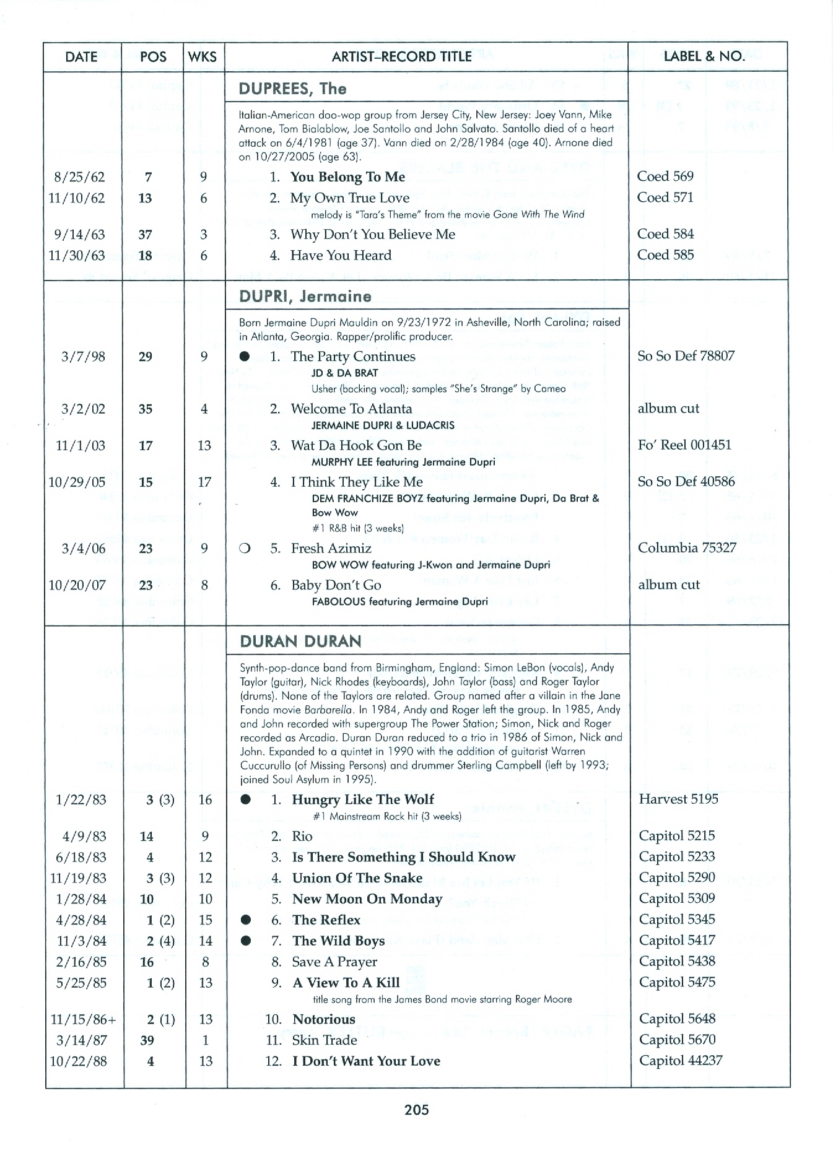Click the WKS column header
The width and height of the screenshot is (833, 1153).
pos(203,57)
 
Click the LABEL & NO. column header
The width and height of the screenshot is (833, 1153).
pos(704,56)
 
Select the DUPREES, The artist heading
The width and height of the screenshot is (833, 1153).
pos(293,89)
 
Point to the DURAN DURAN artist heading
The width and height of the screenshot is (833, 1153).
pos(300,641)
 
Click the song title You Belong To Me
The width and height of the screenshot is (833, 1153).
pos(347,177)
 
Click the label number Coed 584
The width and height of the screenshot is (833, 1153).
pos(665,234)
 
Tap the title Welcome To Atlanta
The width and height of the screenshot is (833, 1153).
pos(351,409)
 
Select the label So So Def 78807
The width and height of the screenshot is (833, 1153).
pos(686,356)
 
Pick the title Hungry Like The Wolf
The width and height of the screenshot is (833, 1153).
pos(363,799)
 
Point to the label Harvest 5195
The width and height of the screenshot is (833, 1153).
pos(678,799)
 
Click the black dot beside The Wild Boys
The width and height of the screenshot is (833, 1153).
pos(246,941)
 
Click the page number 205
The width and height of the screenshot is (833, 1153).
pos(416,1110)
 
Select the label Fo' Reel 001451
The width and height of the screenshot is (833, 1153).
pos(684,445)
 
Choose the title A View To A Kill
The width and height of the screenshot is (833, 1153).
pos(346,983)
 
